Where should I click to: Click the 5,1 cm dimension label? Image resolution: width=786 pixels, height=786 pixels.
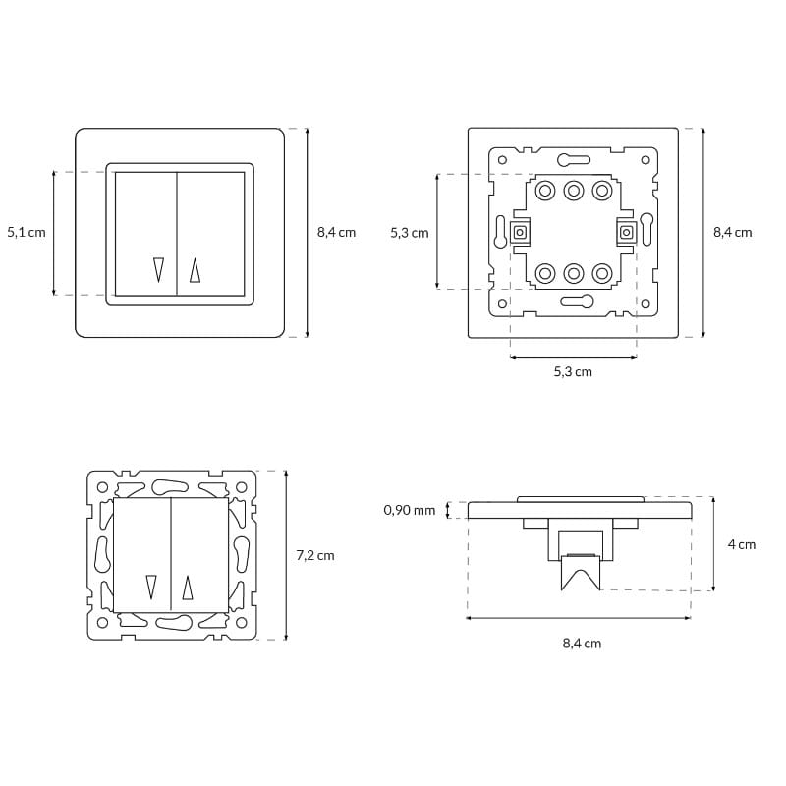(27, 232)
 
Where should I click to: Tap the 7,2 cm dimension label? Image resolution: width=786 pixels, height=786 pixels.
(315, 555)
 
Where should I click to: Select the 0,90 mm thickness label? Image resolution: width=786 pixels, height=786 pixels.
(410, 510)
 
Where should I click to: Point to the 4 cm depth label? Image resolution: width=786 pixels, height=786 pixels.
(742, 544)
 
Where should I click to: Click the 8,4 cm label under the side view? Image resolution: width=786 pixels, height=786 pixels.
(582, 644)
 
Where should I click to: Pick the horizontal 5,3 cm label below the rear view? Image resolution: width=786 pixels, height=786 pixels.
(573, 372)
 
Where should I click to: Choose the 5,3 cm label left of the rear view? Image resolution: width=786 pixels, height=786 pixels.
(410, 233)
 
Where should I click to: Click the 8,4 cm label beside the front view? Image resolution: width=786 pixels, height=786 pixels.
(336, 232)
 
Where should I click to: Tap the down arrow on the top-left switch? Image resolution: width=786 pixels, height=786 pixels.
(159, 269)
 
